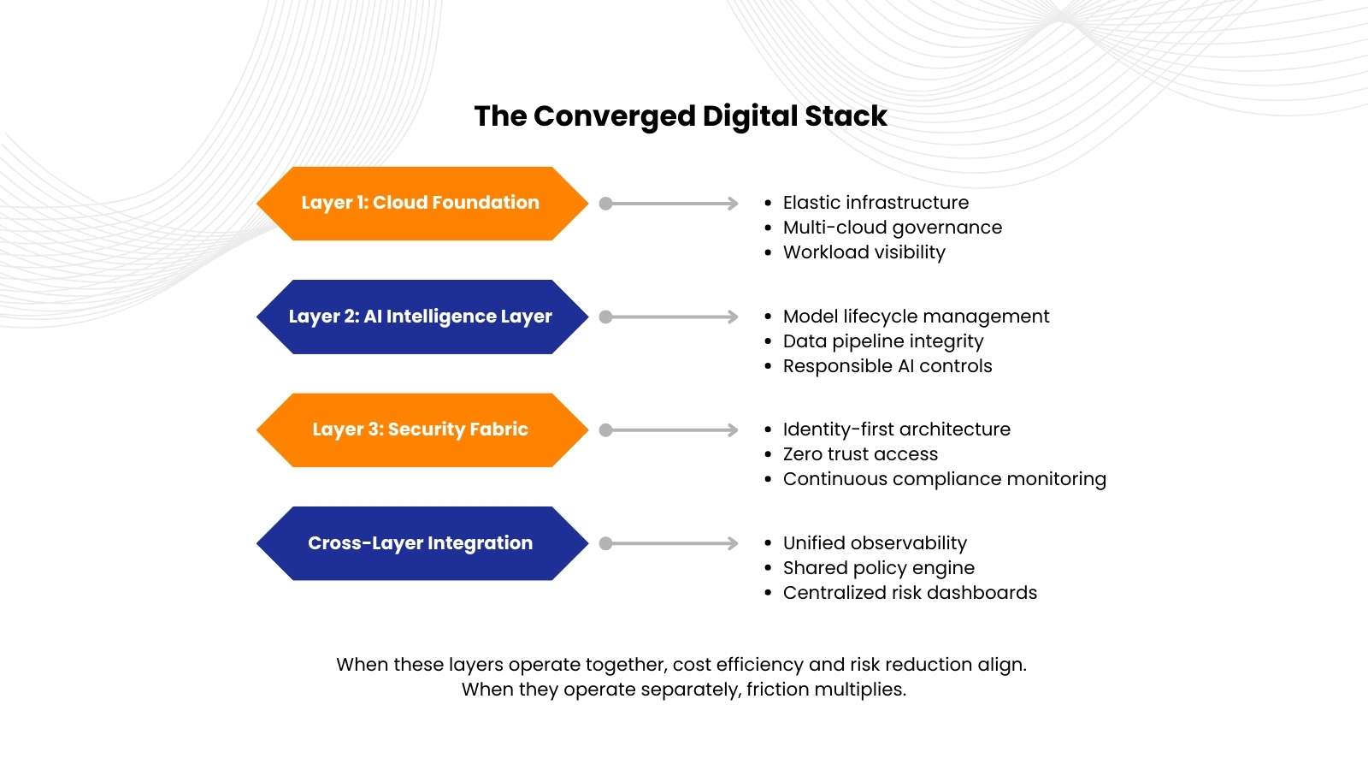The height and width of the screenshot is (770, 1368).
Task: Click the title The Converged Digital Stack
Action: (681, 116)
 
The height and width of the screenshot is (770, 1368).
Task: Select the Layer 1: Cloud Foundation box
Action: (422, 204)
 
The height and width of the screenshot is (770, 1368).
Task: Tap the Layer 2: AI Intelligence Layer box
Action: (422, 317)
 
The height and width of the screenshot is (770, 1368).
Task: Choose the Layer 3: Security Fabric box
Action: (422, 430)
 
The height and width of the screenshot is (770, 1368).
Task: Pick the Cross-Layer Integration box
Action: (422, 543)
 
